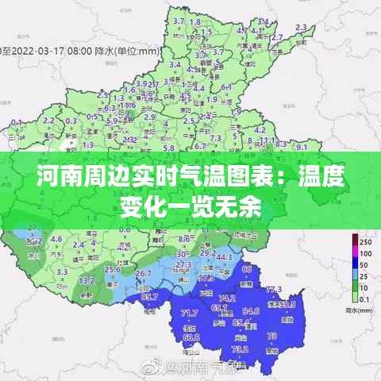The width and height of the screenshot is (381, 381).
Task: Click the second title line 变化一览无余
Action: [x=190, y=207]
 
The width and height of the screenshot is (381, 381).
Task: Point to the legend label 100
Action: [x=366, y=253]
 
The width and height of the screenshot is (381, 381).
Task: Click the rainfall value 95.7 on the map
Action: [x=150, y=297]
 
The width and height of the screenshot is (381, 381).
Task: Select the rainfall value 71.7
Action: [x=189, y=313]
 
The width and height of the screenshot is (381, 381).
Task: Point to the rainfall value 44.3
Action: [x=224, y=258]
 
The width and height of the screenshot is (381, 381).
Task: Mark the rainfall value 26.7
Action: [x=144, y=274]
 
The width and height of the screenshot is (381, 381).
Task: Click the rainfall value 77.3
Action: [x=273, y=291]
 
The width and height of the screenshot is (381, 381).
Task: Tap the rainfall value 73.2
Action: [x=239, y=348]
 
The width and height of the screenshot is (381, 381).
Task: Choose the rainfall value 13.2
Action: [x=88, y=279]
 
